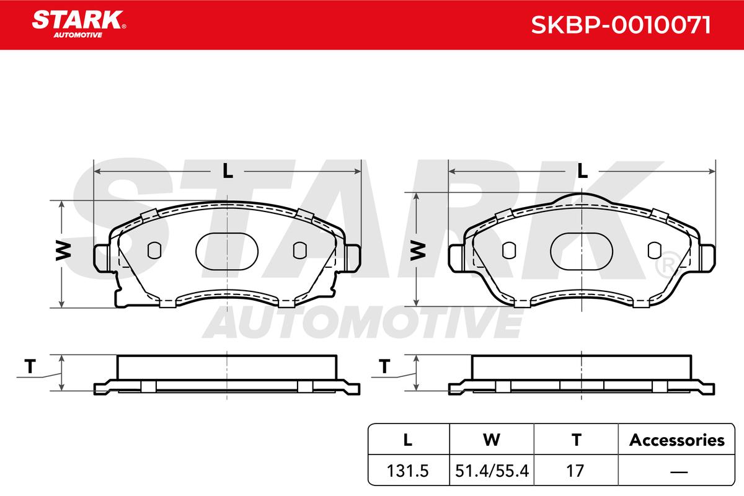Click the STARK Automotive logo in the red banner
(79, 24)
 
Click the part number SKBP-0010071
(621, 25)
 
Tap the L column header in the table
(408, 440)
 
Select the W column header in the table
(492, 440)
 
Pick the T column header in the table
(576, 440)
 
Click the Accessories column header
(676, 440)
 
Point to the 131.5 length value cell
(408, 471)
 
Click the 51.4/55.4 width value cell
(492, 471)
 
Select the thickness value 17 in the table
(575, 471)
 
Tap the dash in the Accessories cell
(679, 472)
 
